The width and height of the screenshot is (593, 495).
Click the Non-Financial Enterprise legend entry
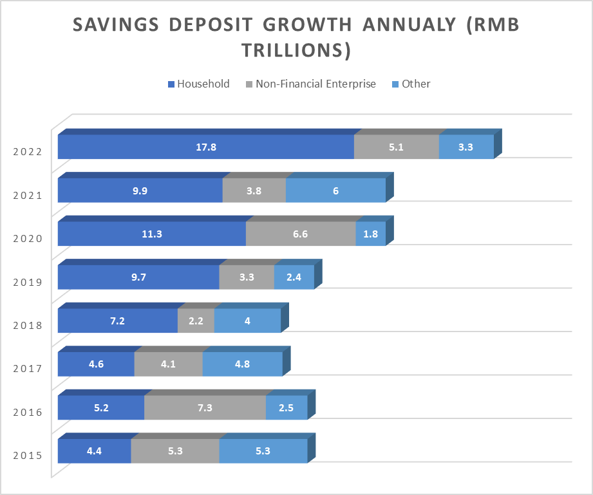[311, 84]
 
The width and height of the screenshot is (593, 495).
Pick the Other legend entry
[411, 84]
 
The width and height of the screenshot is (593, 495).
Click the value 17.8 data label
[206, 147]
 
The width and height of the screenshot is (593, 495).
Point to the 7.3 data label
[205, 407]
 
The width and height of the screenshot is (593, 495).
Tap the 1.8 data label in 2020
[371, 234]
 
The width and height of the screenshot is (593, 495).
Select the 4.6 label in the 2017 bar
[96, 364]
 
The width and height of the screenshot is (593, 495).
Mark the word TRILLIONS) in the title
[296, 50]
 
